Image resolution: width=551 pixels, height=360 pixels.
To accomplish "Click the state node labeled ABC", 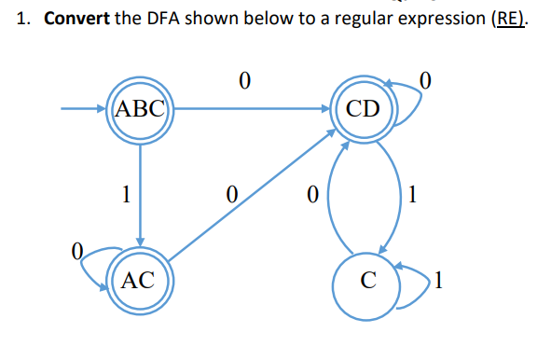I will (139, 109).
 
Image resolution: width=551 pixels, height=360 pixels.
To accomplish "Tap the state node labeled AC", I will (139, 279).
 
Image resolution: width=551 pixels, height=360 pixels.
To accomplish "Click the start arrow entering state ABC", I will (84, 109).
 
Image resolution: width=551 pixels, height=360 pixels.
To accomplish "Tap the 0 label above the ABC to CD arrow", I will (244, 82).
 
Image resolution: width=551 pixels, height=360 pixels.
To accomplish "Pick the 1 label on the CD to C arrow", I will (414, 195).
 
